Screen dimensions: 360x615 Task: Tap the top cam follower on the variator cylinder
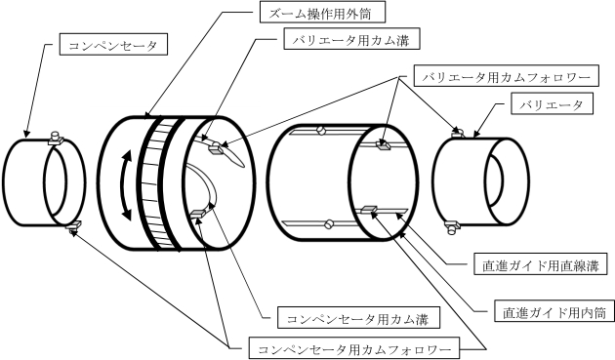coord(459,134)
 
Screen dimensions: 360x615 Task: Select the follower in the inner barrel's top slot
coord(384,145)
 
